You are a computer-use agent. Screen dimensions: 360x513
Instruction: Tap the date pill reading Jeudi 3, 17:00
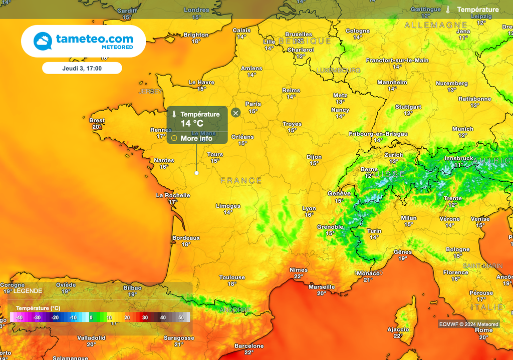click(x=82, y=68)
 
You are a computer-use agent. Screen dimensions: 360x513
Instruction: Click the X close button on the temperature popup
click(x=235, y=113)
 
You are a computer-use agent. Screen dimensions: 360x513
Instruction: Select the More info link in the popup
click(x=196, y=138)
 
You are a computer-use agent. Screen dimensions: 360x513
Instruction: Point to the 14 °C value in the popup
click(x=192, y=124)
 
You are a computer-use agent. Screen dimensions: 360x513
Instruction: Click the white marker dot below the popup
click(x=196, y=173)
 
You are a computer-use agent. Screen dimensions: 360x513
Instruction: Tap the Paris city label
click(x=253, y=104)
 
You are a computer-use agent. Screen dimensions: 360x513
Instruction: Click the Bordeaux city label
click(x=186, y=238)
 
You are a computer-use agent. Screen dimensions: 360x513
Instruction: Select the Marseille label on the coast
click(x=322, y=287)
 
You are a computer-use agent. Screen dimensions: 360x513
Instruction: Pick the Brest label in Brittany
click(x=97, y=120)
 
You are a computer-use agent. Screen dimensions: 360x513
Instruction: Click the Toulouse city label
click(x=232, y=277)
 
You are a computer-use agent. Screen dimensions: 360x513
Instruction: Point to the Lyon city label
click(x=309, y=208)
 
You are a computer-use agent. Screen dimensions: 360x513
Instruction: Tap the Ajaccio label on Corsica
click(x=398, y=329)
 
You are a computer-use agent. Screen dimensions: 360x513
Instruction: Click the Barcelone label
click(x=249, y=346)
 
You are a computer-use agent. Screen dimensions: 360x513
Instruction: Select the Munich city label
click(x=462, y=129)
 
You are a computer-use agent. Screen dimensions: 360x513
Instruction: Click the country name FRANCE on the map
click(x=241, y=180)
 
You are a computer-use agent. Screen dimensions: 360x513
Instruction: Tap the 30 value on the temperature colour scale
click(x=144, y=317)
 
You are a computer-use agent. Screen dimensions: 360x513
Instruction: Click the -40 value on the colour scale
click(x=19, y=317)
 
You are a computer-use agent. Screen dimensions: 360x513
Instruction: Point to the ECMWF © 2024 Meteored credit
click(x=468, y=324)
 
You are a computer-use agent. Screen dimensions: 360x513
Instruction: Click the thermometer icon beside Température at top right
click(x=448, y=10)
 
